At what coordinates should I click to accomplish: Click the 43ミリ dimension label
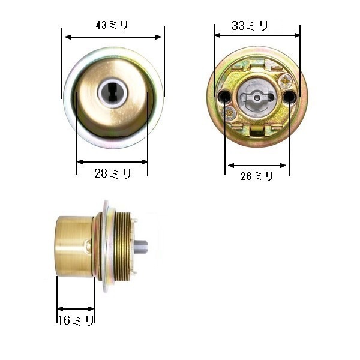coord(112,25)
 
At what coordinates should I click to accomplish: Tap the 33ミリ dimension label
coord(250,25)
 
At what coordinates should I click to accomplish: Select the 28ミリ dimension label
coord(113,173)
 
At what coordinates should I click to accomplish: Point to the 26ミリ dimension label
coord(257,176)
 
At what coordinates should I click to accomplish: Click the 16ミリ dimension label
coord(76,320)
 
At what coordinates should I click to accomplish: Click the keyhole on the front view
coord(112,92)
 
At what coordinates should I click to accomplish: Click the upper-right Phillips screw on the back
coord(286,81)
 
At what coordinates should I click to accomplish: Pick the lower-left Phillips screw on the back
coord(229,113)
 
